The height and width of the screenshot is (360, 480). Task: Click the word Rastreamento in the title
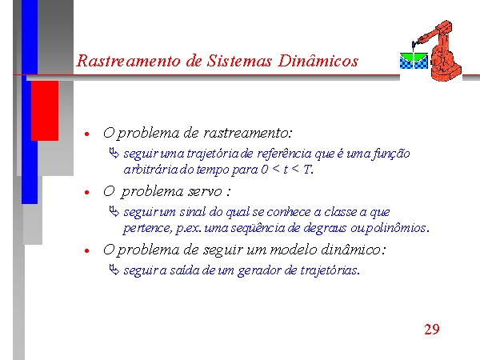pos(128,61)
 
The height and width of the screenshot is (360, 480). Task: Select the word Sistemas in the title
pos(239,61)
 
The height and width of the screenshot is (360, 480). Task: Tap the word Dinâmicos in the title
pos(318,61)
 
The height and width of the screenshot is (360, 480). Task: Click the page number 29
pos(432,330)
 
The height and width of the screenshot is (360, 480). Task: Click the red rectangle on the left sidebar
pos(45,111)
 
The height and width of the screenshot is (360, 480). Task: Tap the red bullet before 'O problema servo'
pos(87,193)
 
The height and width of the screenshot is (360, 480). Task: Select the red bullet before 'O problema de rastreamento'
pos(87,134)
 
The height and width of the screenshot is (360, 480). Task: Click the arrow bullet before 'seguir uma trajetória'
pos(114,153)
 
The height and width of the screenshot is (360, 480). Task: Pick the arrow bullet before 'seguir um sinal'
pos(114,211)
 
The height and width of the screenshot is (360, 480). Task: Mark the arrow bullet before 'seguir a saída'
pos(114,270)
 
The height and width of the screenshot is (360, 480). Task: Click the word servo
pos(205,192)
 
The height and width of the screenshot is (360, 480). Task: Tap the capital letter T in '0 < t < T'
pos(306,169)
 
